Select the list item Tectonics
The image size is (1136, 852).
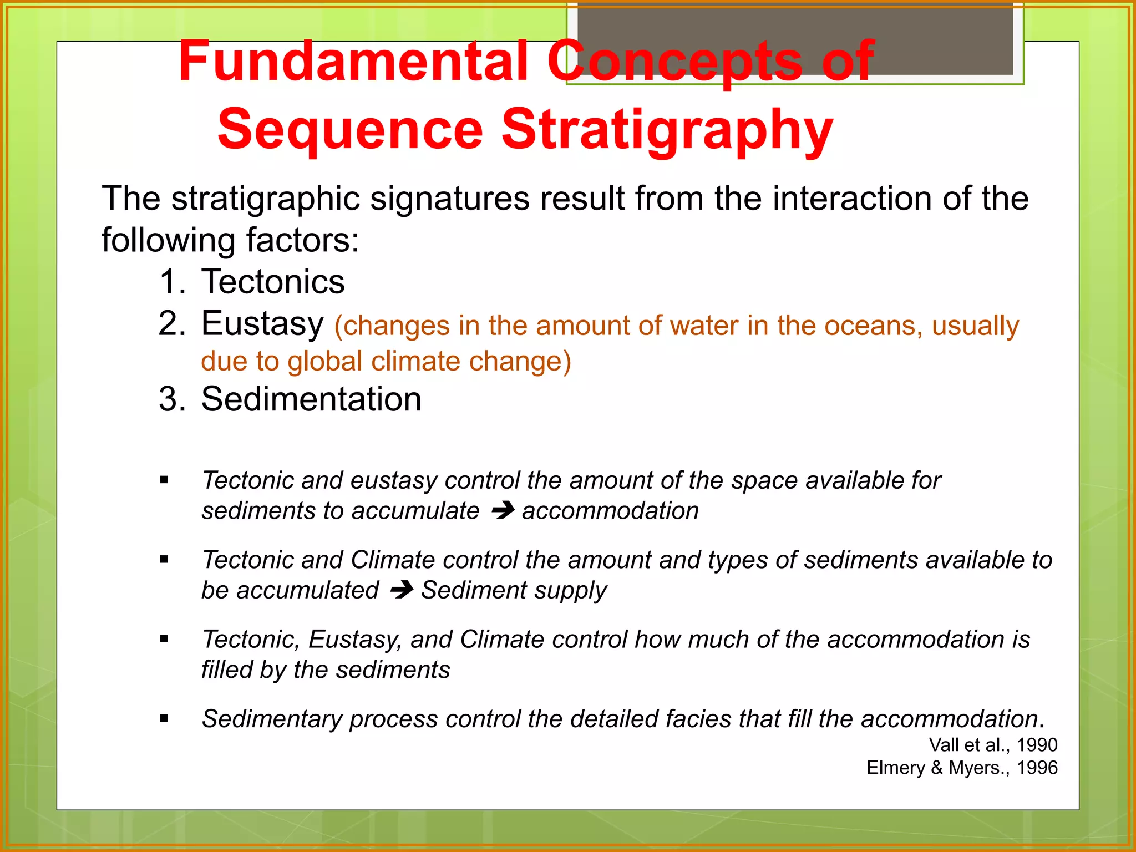pyautogui.click(x=272, y=282)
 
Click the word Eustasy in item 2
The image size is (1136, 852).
pyautogui.click(x=262, y=324)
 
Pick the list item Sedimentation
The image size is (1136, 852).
pyautogui.click(x=311, y=399)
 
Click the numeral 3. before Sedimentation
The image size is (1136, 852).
pyautogui.click(x=171, y=399)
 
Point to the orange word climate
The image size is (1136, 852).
pyautogui.click(x=417, y=362)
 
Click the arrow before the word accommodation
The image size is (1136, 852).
pyautogui.click(x=503, y=510)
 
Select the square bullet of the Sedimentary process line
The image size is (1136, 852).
pyautogui.click(x=164, y=719)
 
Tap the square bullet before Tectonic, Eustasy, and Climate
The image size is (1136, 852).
pyautogui.click(x=164, y=640)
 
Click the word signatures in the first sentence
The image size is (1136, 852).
pyautogui.click(x=449, y=199)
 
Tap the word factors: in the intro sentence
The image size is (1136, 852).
pyautogui.click(x=302, y=241)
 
